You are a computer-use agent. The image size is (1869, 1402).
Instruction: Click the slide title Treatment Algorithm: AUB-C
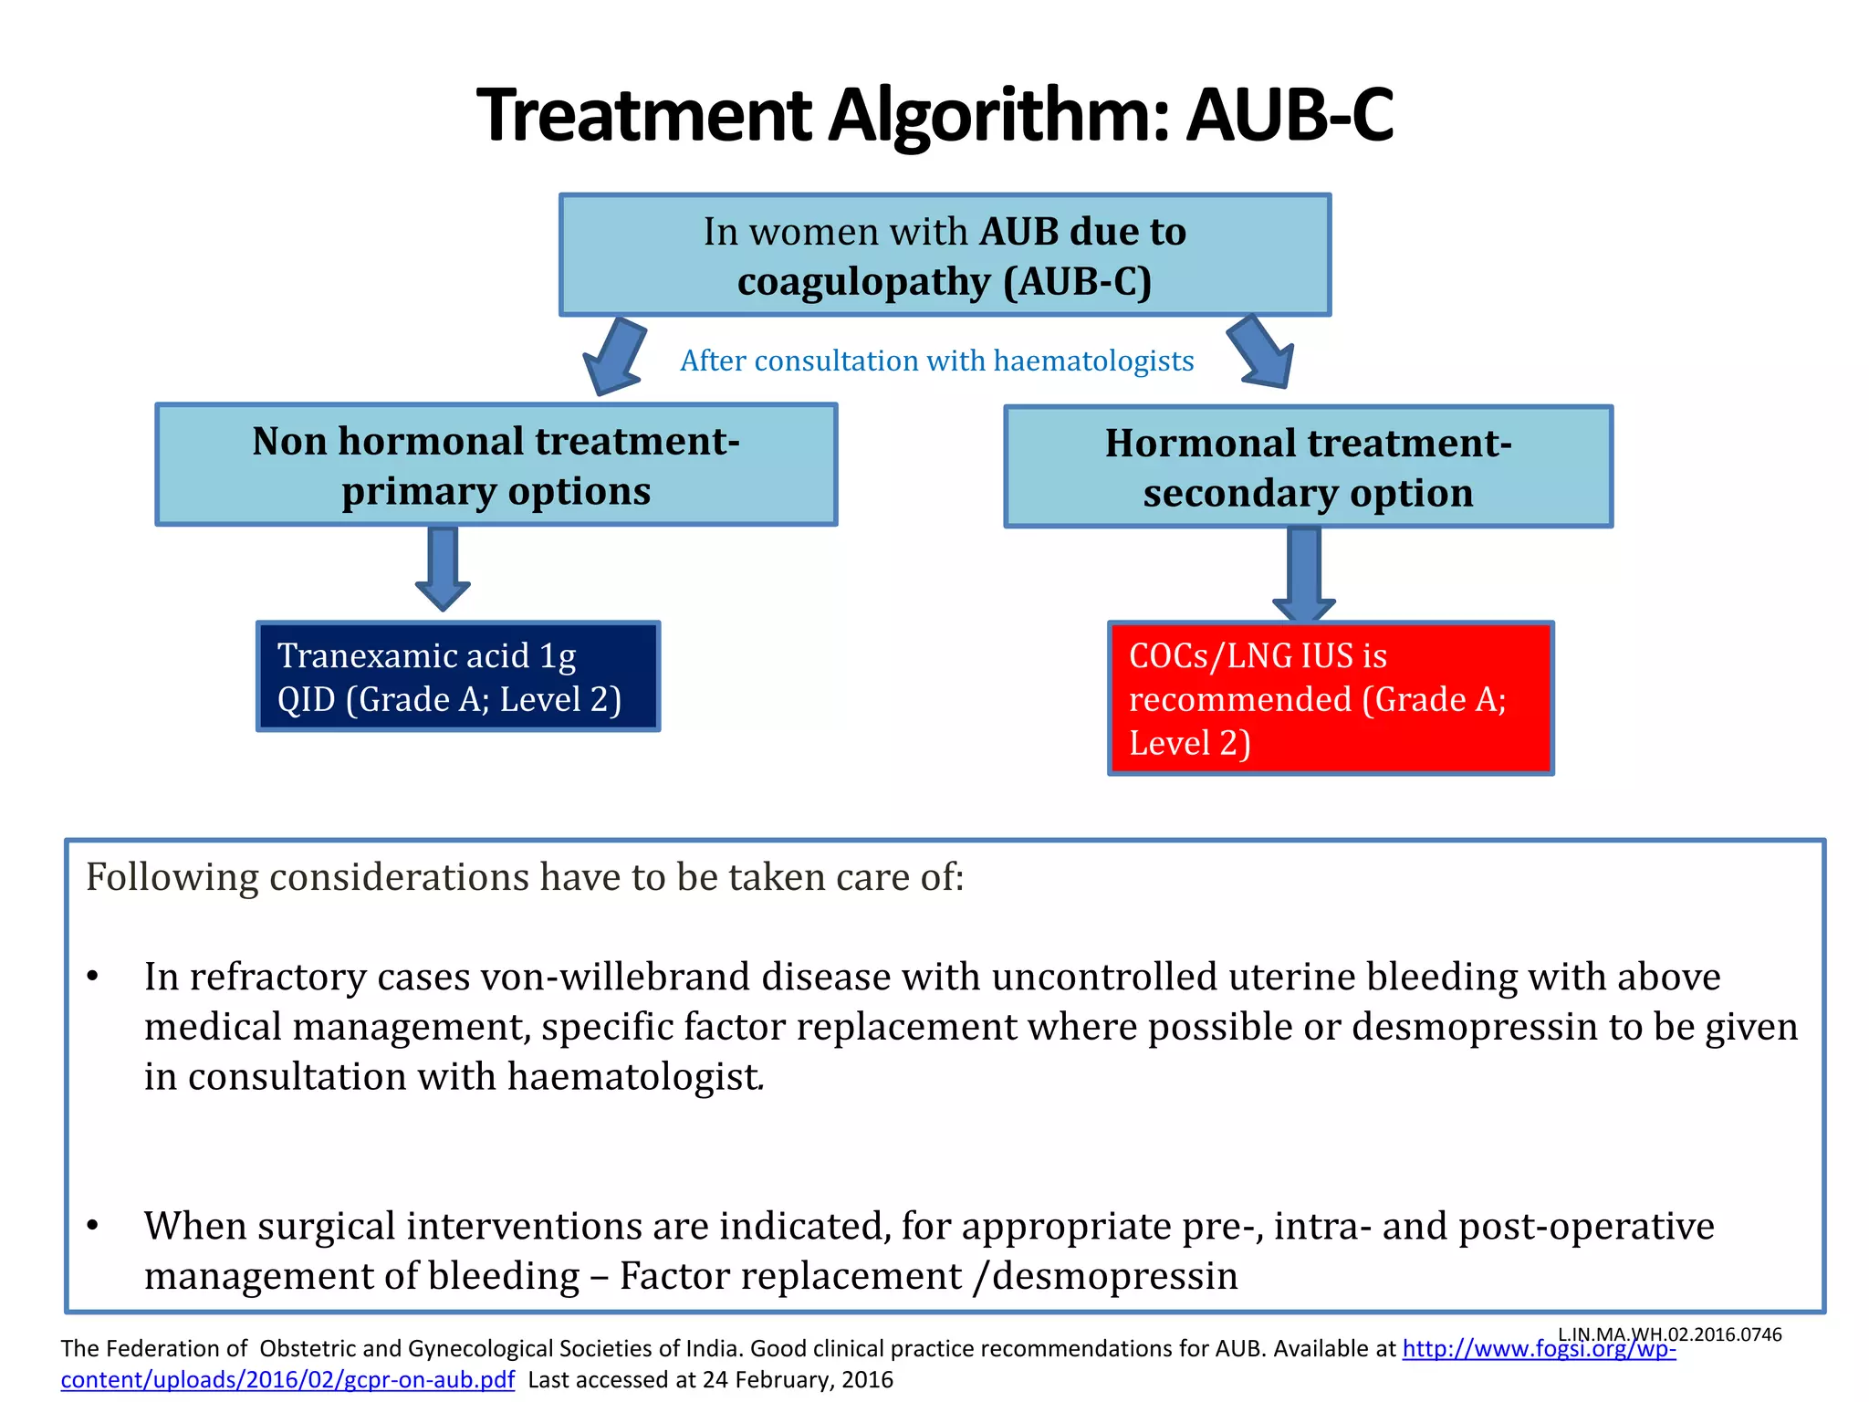coord(934,115)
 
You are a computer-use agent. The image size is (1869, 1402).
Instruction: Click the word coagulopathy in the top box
coord(862,282)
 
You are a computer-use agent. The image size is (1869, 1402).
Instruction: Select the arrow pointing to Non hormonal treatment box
coord(614,357)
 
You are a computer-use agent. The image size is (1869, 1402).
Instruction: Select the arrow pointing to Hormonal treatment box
coord(1262,353)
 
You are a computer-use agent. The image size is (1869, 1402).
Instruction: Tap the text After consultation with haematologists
coord(936,361)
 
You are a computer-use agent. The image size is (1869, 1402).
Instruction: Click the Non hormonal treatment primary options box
coord(496,466)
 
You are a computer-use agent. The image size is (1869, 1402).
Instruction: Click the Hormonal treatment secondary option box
coord(1308,467)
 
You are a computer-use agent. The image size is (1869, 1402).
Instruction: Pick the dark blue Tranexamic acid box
coord(458,676)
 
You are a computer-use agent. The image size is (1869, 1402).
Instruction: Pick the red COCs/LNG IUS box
coord(1330,698)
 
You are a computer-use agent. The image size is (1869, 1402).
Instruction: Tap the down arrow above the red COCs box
coord(1304,573)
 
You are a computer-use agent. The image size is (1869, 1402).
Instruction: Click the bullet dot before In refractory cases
coord(92,978)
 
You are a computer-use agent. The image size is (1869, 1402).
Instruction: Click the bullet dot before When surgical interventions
coord(92,1226)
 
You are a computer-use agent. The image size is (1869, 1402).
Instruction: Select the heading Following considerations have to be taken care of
coord(525,877)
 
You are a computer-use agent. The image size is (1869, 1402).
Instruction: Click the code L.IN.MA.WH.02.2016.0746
coord(1669,1334)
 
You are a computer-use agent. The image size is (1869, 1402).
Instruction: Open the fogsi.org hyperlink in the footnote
coord(1538,1349)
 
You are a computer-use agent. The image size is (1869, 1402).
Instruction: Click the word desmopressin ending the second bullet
coord(1114,1276)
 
